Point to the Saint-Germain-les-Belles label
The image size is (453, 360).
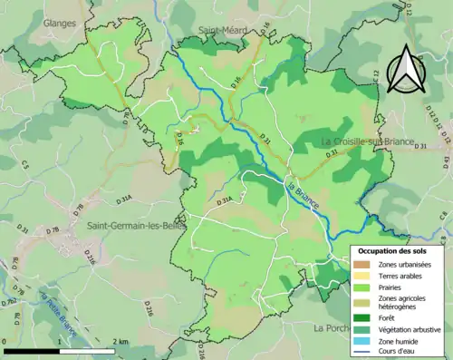(x=130, y=225)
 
